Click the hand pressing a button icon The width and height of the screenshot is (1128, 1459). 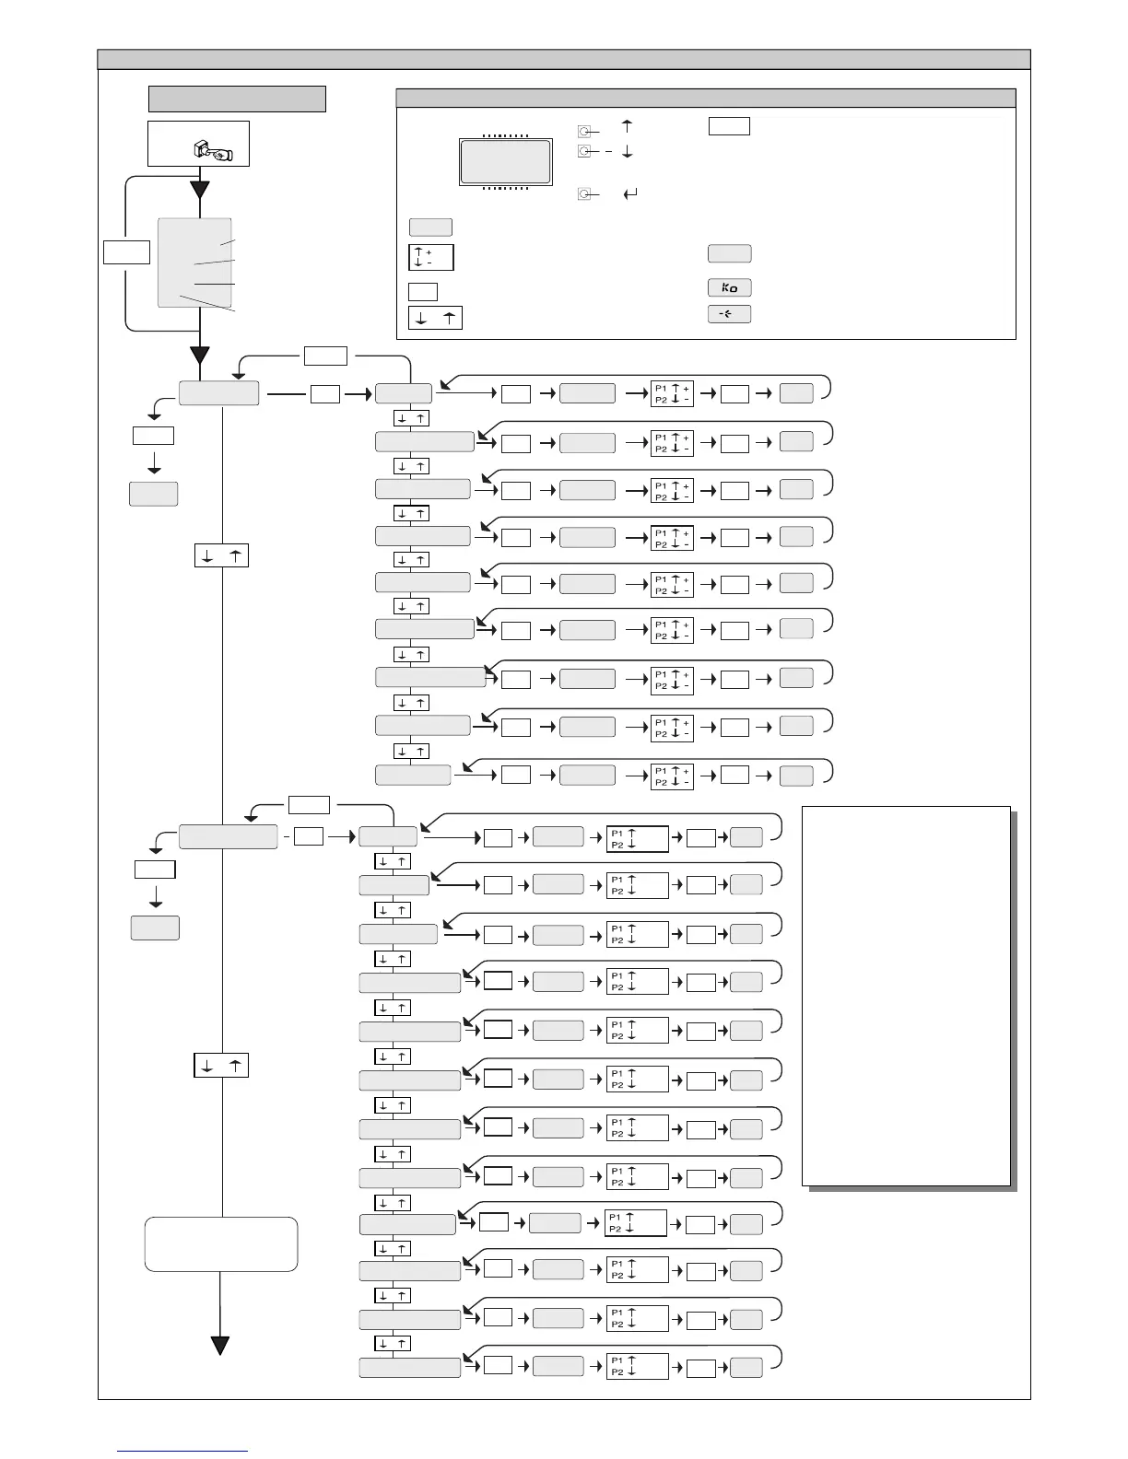pos(215,150)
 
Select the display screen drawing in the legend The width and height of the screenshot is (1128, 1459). pos(506,162)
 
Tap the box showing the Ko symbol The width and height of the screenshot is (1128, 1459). pos(729,287)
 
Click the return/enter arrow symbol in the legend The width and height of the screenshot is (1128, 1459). pos(631,194)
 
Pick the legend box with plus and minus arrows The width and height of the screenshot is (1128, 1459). pos(431,257)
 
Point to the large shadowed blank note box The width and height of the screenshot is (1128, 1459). pos(907,996)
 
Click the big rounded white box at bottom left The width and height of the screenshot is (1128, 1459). pos(221,1243)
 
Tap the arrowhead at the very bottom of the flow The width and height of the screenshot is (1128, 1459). pos(220,1346)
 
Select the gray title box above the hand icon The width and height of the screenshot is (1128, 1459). pos(237,99)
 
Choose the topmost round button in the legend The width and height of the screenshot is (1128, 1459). pos(583,131)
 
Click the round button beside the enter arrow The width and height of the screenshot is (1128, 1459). pos(583,193)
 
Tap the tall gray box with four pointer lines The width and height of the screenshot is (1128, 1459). pos(194,263)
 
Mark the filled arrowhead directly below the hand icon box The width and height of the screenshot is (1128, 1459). pos(199,191)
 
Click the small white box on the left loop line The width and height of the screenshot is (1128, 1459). pos(126,251)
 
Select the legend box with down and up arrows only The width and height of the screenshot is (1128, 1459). pos(435,318)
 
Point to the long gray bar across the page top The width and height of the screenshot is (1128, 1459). pos(564,59)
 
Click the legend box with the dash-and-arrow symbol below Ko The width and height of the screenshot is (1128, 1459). pos(729,314)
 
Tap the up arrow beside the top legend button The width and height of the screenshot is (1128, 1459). pos(628,128)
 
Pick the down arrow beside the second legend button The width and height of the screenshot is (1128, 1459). pos(628,151)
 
